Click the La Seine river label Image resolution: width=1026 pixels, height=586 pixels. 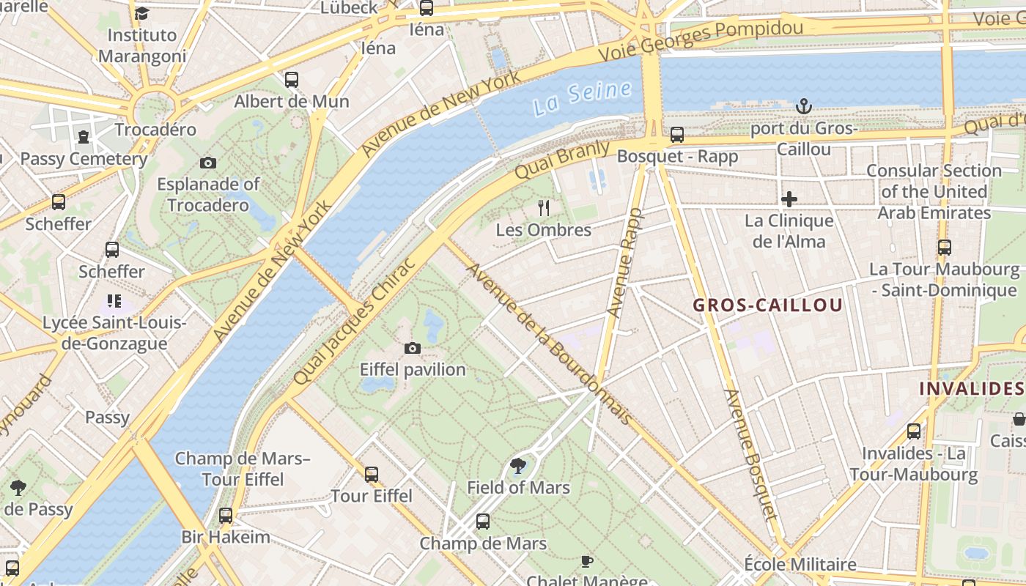tap(582, 98)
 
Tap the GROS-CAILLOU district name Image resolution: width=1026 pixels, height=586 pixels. tap(767, 305)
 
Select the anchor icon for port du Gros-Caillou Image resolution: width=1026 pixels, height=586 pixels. tap(804, 107)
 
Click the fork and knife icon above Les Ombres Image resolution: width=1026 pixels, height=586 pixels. tap(543, 208)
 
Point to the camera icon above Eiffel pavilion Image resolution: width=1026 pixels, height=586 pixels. tap(413, 348)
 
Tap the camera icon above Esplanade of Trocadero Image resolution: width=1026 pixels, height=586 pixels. tap(208, 163)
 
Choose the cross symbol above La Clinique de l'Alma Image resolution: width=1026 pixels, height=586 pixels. tap(789, 199)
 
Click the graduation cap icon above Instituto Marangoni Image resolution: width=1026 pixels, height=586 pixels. tap(141, 13)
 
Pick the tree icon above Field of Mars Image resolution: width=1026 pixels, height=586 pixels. tap(518, 465)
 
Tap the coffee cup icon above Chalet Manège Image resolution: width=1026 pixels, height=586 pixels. tap(586, 561)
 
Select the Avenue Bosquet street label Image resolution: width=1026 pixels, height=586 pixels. tap(750, 453)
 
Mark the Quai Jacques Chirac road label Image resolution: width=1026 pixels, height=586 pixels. tap(355, 320)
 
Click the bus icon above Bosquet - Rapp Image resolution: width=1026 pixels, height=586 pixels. tap(676, 135)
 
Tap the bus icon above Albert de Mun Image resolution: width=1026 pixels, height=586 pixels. tap(291, 80)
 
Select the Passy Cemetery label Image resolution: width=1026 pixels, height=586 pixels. tap(84, 159)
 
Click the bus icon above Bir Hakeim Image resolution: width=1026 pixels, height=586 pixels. tap(226, 516)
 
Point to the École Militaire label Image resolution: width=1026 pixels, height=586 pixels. tap(800, 565)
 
